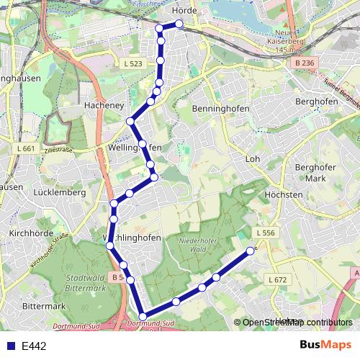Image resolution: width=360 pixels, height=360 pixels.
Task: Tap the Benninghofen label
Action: tap(221, 108)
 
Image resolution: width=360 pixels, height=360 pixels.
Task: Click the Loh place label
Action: tap(252, 158)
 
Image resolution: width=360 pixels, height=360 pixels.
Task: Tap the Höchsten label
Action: tap(284, 195)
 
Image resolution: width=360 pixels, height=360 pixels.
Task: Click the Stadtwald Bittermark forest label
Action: tap(85, 282)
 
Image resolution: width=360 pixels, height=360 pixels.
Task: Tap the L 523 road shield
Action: tap(133, 64)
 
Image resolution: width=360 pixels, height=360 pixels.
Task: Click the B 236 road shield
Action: tap(305, 63)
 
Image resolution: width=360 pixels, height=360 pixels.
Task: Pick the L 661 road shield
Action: tap(24, 148)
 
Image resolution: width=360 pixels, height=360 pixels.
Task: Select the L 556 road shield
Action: tap(265, 233)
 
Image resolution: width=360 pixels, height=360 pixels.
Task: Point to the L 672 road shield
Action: tap(277, 279)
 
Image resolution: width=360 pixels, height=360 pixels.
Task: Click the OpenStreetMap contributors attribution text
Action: tap(297, 323)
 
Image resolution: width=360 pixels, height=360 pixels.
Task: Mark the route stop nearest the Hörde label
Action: tap(179, 24)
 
